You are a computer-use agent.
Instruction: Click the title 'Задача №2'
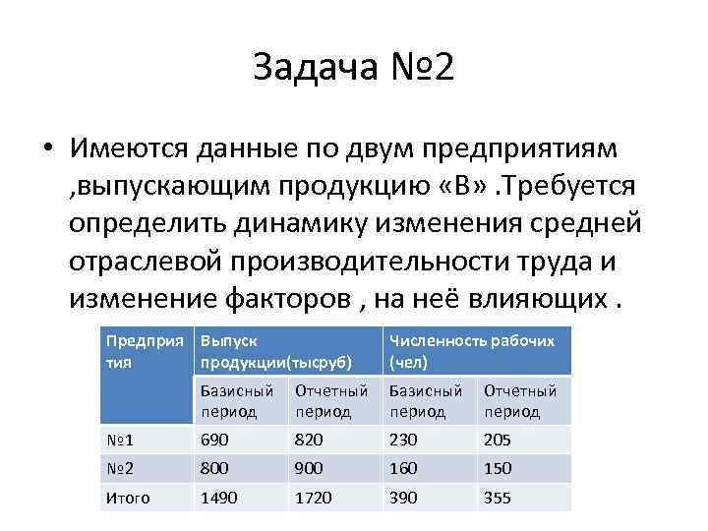click(x=354, y=68)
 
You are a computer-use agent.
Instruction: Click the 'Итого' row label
click(x=128, y=498)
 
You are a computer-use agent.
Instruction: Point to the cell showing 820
click(x=309, y=440)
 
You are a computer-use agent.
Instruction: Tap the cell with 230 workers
click(x=403, y=440)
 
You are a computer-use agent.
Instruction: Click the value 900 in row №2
click(x=309, y=468)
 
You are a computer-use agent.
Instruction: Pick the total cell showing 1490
click(x=218, y=498)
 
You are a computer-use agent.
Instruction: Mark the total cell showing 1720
click(x=314, y=498)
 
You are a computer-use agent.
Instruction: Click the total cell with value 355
click(x=498, y=498)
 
